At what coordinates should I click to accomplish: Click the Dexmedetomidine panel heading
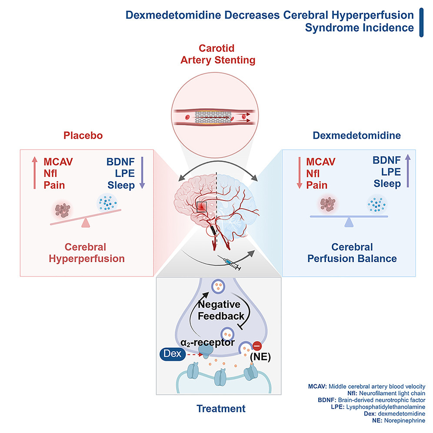351,135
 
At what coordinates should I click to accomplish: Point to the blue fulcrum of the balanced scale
348,223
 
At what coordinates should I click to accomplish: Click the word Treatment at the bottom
221,409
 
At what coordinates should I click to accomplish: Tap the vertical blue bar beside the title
421,22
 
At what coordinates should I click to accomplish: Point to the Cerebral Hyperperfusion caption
86,253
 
